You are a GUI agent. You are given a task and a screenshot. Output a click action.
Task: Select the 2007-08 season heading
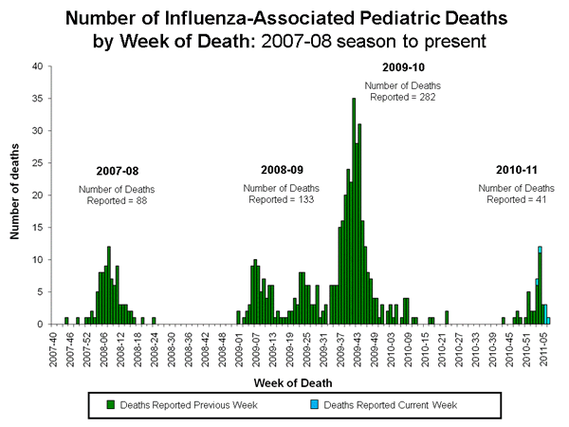[117, 171]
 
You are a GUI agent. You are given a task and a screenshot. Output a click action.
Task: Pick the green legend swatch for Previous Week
[111, 404]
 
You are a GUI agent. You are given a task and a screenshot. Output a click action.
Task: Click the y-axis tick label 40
[36, 66]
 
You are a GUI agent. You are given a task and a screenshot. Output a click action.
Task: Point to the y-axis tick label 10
[36, 260]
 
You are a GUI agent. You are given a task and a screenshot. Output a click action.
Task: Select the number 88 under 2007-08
[146, 200]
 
